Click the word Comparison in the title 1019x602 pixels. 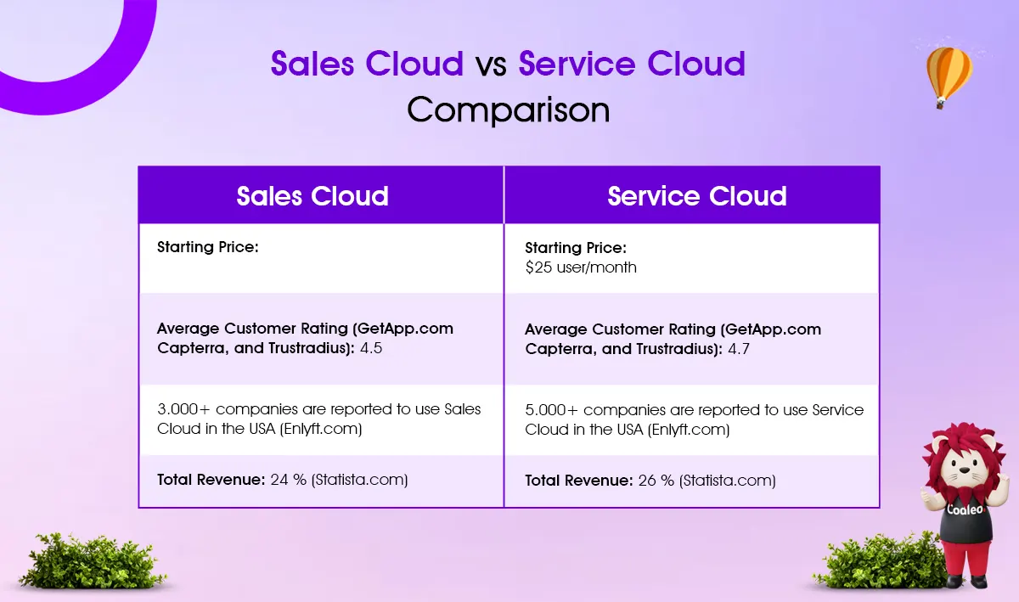coord(508,110)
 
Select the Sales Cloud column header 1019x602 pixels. coord(312,196)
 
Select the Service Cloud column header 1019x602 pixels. coord(697,196)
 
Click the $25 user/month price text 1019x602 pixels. coord(581,267)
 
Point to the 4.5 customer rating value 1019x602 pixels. coord(371,348)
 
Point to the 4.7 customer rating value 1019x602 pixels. coord(739,349)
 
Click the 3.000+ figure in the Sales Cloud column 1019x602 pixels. coord(183,409)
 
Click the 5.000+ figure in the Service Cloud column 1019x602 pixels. coord(551,410)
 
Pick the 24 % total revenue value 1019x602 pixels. coord(289,480)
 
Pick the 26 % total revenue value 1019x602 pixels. coord(656,481)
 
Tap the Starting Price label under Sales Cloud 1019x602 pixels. coord(208,247)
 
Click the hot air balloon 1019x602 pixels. coord(949,77)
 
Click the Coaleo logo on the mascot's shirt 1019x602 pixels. coord(965,509)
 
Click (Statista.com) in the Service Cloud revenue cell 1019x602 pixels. coord(727,481)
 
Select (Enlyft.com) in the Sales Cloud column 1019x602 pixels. coord(321,429)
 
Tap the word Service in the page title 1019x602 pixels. coord(577,63)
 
